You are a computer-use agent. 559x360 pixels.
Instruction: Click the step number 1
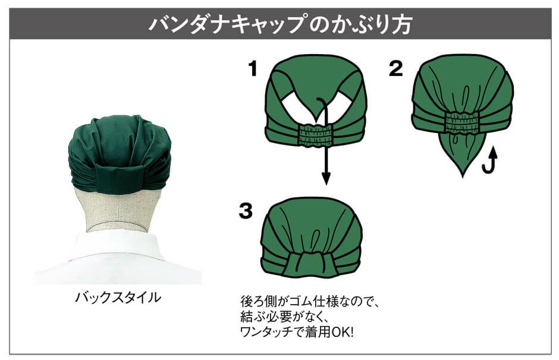(x=253, y=68)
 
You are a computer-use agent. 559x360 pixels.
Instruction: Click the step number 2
(x=396, y=68)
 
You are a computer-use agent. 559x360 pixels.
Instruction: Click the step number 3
(x=246, y=211)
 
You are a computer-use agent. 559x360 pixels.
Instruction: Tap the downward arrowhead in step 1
(x=325, y=178)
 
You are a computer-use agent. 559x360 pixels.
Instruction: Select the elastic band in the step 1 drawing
(x=316, y=135)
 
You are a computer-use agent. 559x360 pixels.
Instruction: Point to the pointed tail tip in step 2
(x=463, y=176)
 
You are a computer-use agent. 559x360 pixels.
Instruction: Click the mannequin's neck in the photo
(x=118, y=211)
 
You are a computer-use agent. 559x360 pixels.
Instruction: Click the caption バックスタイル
(x=118, y=297)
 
